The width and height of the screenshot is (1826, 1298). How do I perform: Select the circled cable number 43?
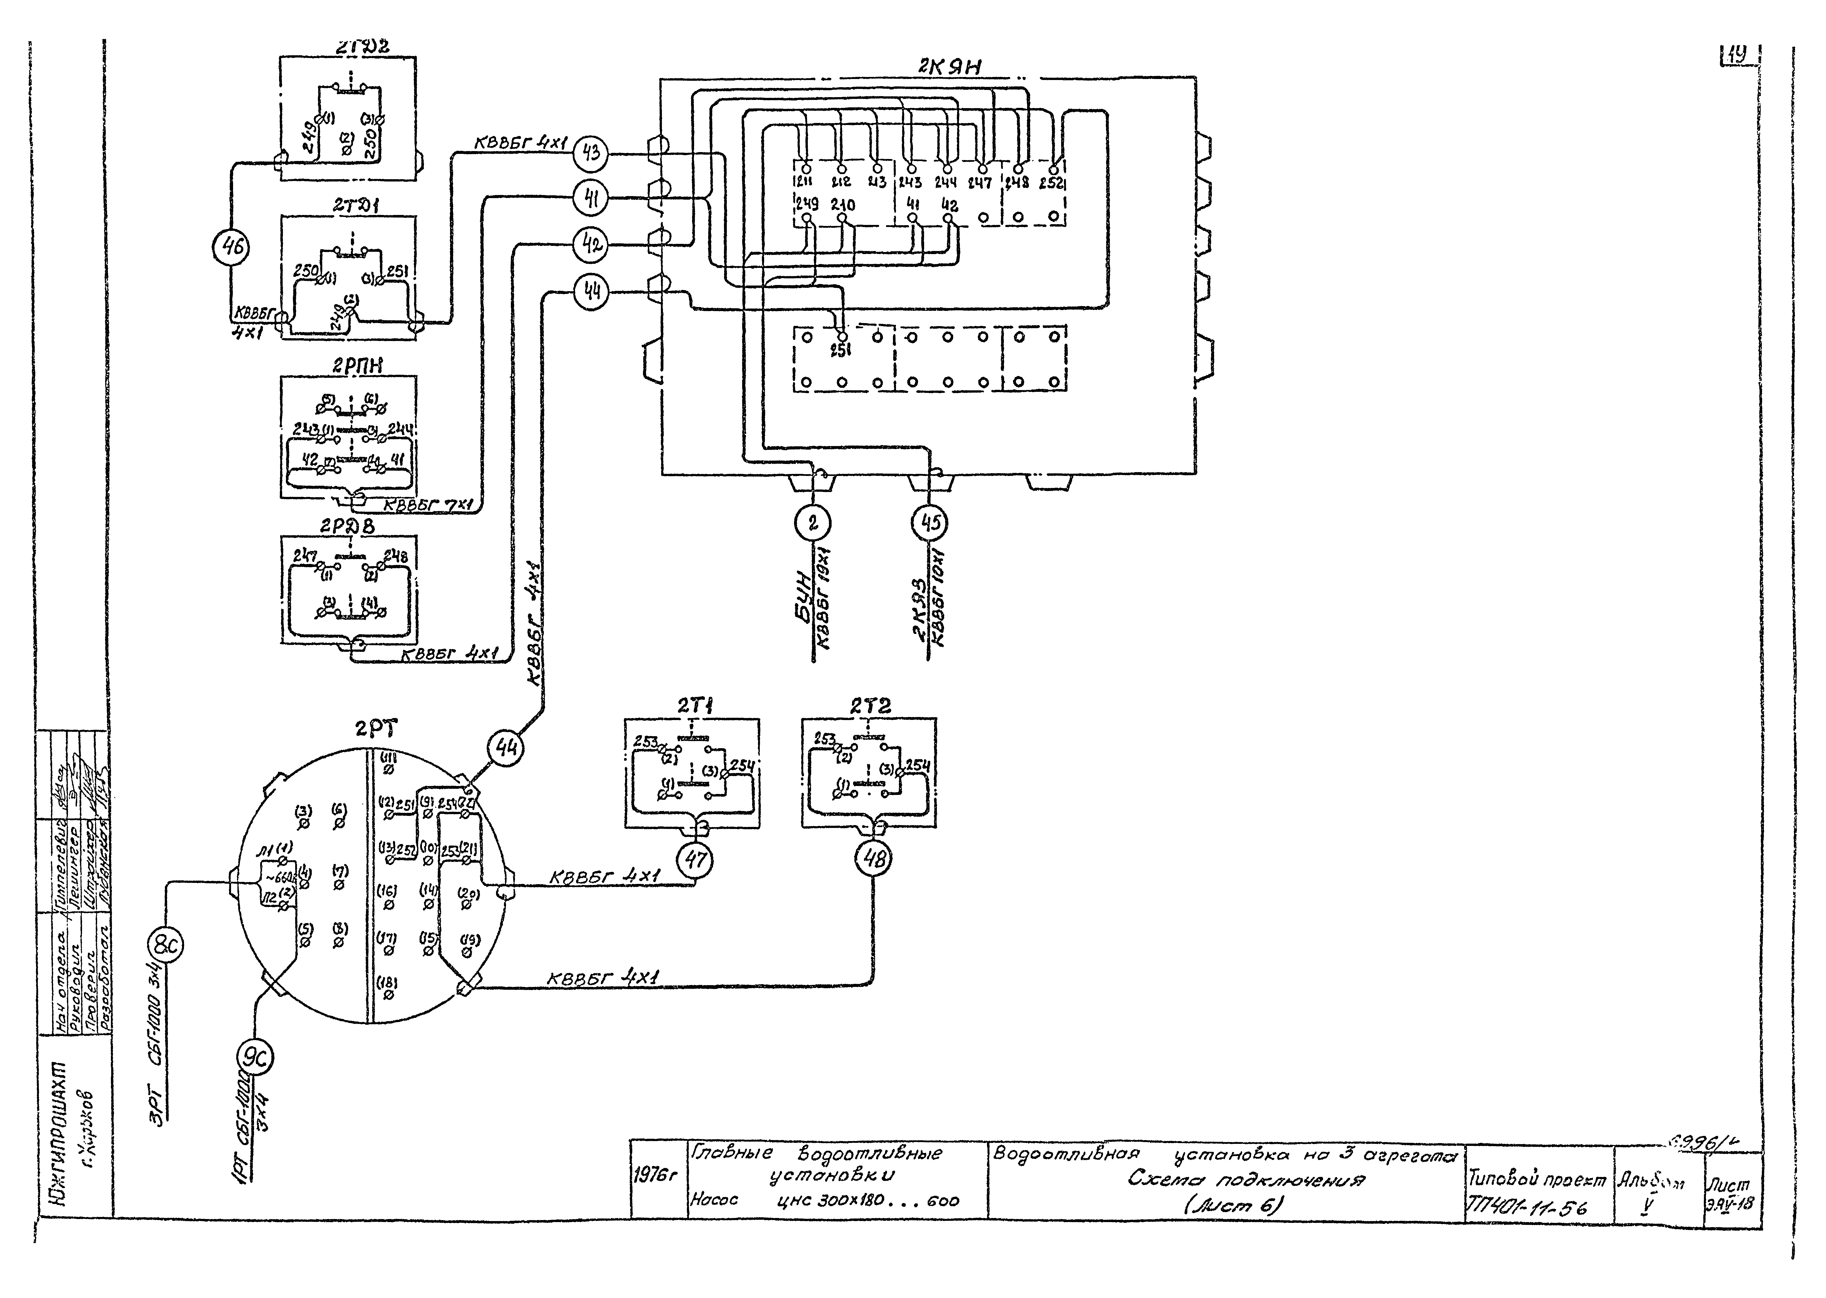pyautogui.click(x=591, y=153)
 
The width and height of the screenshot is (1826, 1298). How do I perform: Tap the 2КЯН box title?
pyautogui.click(x=949, y=67)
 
